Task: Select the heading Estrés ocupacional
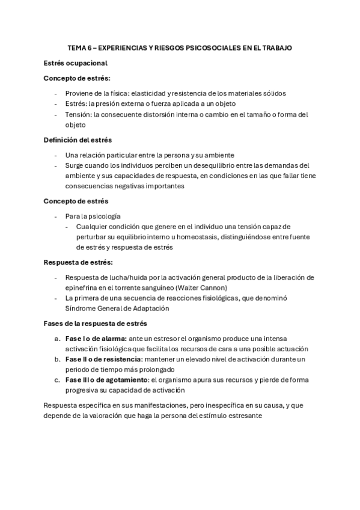[76, 63]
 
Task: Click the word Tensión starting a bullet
[79, 115]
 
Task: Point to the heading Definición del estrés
[78, 140]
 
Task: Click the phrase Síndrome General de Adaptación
[117, 309]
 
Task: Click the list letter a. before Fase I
[57, 339]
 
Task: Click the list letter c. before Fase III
[57, 381]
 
